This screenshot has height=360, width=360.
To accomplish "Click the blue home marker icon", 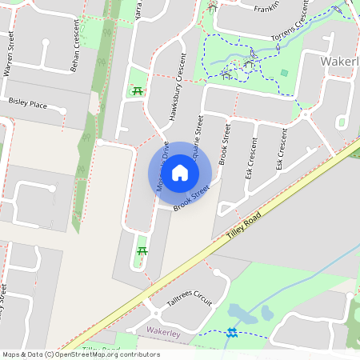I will click(x=180, y=172).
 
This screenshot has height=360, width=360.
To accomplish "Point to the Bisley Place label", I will click(x=27, y=103).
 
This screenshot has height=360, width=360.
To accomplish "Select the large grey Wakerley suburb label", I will click(x=339, y=62).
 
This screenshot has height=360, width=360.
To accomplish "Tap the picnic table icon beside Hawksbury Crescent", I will click(x=136, y=90).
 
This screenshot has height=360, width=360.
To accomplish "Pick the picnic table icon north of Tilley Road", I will click(x=142, y=251).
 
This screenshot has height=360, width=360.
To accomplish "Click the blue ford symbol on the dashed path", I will click(x=232, y=332).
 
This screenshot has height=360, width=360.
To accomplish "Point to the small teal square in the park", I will click(x=284, y=74).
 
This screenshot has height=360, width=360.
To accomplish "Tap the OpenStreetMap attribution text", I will click(x=81, y=354).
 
